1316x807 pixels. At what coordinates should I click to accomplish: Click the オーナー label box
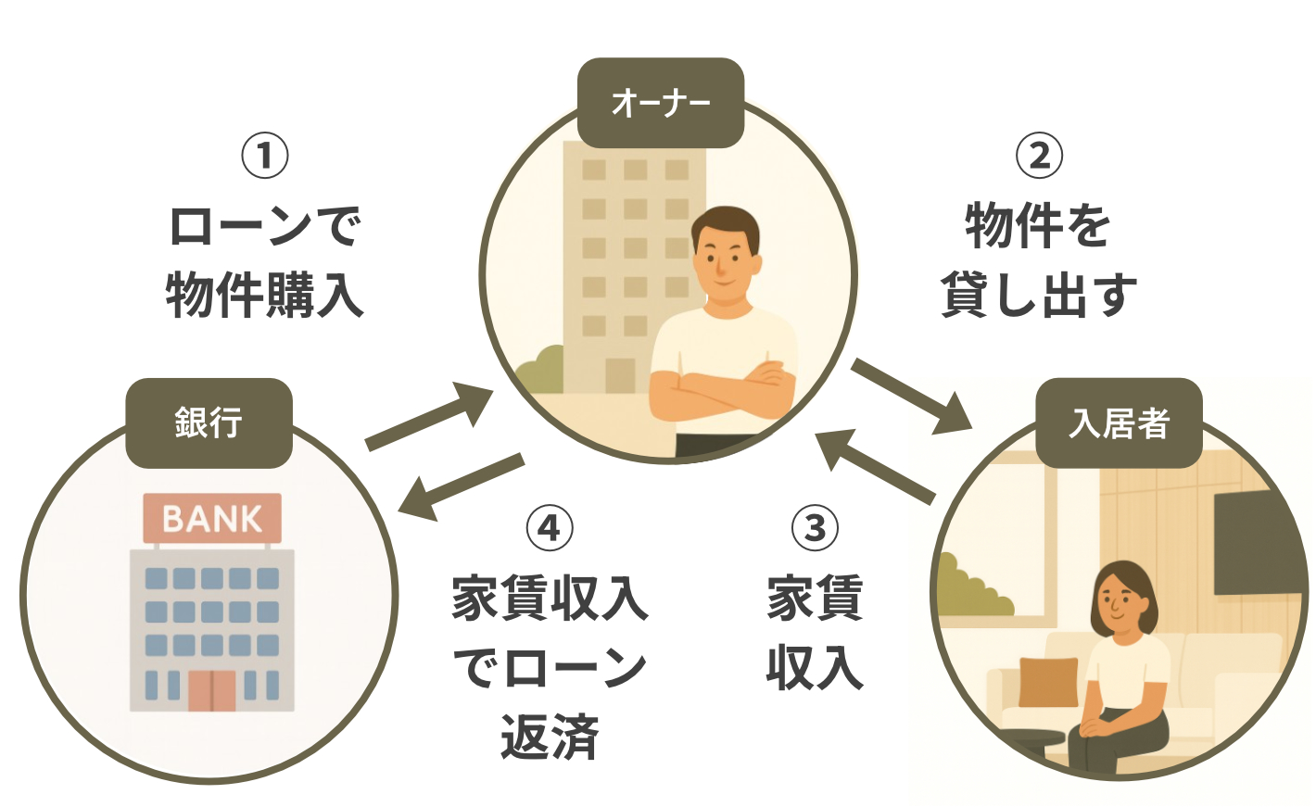tap(660, 103)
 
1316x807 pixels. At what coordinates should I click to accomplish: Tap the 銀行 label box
tap(209, 422)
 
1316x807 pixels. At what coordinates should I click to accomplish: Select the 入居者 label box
tap(1119, 423)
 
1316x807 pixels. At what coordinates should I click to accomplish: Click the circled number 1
tap(265, 156)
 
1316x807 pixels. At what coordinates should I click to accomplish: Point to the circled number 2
tap(1039, 156)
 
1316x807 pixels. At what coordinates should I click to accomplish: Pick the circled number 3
tap(815, 528)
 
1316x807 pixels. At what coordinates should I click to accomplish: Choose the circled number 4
tap(550, 528)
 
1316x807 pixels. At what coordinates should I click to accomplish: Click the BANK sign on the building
tap(212, 518)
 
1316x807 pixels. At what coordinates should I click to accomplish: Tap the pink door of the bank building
tap(212, 689)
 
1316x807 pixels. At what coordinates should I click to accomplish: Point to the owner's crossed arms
tap(723, 388)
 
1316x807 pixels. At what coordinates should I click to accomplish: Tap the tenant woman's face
tap(1123, 602)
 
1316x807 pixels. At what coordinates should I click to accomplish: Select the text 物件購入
tap(265, 296)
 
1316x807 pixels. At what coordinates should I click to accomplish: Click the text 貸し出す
tap(1039, 296)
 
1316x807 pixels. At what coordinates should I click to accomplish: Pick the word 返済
tap(550, 738)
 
